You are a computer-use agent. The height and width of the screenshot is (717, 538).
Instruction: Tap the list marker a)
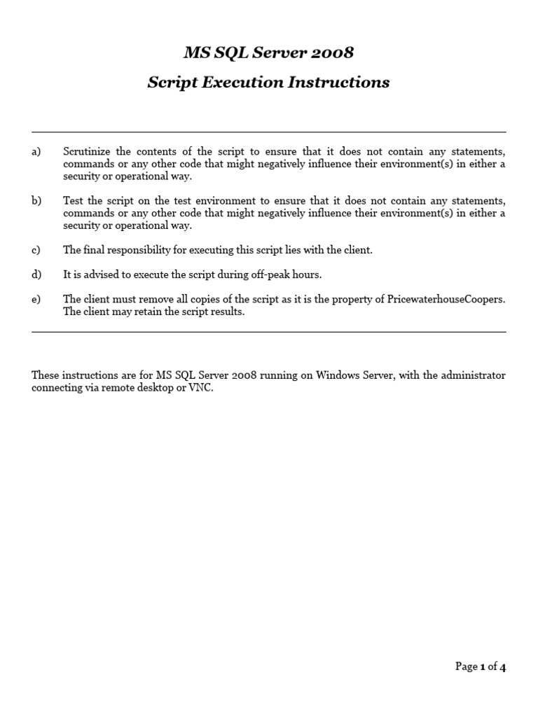pos(36,152)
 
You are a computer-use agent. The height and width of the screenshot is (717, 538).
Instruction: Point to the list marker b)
pos(36,201)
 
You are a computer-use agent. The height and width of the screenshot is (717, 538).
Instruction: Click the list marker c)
pos(36,250)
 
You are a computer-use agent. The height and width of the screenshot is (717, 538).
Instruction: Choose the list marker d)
pos(36,274)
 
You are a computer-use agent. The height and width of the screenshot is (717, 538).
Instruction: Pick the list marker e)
pos(36,299)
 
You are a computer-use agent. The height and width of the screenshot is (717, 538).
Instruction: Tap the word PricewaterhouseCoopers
pos(446,299)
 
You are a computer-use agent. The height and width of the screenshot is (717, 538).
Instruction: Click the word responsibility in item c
pos(132,250)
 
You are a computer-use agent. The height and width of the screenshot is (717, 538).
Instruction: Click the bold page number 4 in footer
pos(502,667)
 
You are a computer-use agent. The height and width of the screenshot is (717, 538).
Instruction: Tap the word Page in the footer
pos(466,667)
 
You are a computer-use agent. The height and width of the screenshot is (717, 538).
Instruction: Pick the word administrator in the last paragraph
pos(475,375)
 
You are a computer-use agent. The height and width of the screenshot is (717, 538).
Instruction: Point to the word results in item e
pos(228,312)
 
